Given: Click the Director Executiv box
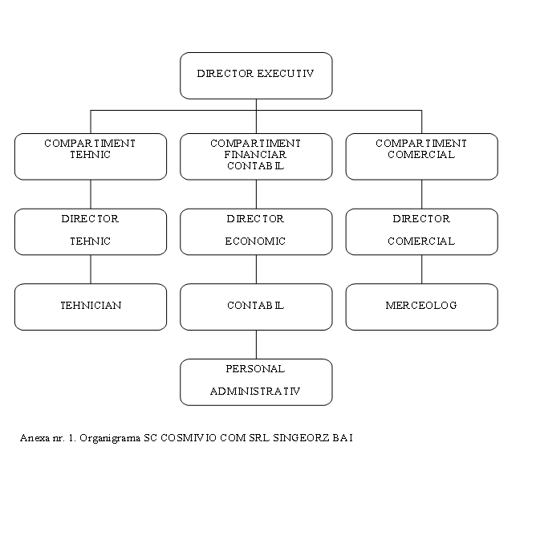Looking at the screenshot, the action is coord(256,75).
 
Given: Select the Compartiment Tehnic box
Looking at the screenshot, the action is coord(91,156).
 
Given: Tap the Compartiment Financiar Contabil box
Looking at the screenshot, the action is coord(256,156).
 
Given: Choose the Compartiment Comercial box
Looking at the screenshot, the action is coord(422,156).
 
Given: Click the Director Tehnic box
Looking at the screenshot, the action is coord(91,232).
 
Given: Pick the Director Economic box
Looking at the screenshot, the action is coord(256,232).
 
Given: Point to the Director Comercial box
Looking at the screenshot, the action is coord(422,232).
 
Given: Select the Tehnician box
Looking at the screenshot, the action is coord(91,306).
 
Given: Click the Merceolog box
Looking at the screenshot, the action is coord(422,306).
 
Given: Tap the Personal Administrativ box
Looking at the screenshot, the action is coord(256,382).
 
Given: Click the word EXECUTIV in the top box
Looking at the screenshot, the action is coord(286,73).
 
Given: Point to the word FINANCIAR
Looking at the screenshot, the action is coord(255,155).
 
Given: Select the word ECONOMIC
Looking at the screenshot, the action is coord(255,241).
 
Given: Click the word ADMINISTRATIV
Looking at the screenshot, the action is coord(255,391).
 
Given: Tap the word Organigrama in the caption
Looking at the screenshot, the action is coord(110,438).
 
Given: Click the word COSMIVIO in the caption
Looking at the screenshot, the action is coord(189,438).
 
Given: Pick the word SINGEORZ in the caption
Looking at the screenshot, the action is coord(301,438).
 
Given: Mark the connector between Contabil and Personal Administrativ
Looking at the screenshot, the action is coord(256,344).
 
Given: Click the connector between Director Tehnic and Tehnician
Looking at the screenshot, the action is coord(91,269).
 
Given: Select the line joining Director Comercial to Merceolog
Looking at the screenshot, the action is coord(422,269).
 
